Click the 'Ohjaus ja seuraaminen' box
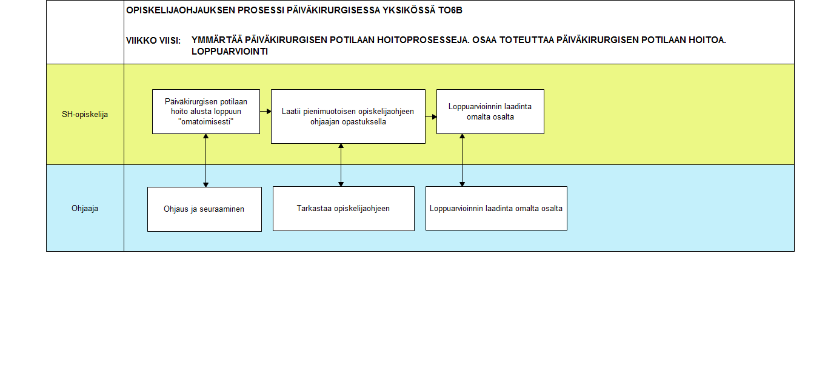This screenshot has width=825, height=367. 204,209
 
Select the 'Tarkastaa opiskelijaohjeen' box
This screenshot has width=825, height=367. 344,209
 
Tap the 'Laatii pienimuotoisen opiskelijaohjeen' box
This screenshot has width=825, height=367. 348,116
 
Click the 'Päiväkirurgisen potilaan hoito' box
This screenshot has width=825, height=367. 206,112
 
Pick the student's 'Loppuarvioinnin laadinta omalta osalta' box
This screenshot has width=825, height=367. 490,112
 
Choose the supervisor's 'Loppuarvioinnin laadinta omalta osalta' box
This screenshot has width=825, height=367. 496,209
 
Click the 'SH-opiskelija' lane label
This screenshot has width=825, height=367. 85,115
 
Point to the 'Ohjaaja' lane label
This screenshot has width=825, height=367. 85,209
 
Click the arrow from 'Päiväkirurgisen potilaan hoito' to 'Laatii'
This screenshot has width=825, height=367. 266,111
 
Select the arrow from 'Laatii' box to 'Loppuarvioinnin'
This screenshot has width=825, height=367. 431,117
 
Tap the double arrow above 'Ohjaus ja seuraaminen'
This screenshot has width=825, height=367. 206,160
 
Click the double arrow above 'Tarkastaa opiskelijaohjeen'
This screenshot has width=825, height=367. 341,165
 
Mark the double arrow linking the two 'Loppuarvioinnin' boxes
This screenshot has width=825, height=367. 463,160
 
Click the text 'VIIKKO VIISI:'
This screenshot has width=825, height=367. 153,41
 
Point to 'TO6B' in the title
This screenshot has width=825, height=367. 450,10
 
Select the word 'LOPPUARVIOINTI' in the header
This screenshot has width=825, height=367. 230,52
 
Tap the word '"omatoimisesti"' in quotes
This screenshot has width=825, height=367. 206,121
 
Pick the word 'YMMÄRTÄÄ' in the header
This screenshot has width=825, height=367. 217,40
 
